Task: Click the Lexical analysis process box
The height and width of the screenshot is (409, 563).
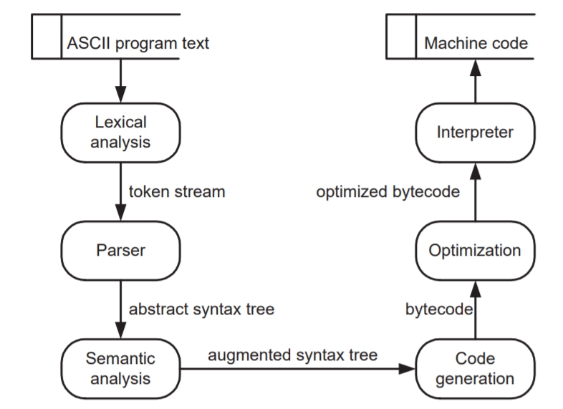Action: click(x=120, y=133)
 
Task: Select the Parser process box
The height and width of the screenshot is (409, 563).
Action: click(x=120, y=250)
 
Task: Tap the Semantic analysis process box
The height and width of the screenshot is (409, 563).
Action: click(x=120, y=368)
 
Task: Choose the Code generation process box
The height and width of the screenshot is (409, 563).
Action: click(x=475, y=368)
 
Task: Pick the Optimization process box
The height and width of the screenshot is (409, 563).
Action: click(x=475, y=250)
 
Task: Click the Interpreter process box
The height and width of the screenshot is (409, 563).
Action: click(x=475, y=133)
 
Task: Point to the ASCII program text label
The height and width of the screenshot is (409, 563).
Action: click(x=138, y=44)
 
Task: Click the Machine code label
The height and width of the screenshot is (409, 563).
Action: click(x=476, y=44)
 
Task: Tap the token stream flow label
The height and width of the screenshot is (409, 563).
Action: click(x=177, y=192)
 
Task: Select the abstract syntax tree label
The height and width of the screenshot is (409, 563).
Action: click(x=201, y=309)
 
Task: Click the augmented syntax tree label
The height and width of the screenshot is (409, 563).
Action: click(x=293, y=355)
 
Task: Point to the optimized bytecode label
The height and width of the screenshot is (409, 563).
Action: click(x=388, y=192)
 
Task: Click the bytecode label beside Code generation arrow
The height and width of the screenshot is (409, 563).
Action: click(x=439, y=309)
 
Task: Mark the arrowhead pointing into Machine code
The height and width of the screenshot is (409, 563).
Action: click(x=476, y=67)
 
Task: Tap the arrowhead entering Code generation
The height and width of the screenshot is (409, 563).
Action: click(x=407, y=368)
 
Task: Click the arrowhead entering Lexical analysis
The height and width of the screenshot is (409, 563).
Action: click(x=120, y=95)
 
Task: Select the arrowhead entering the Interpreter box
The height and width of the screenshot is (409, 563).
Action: click(x=476, y=171)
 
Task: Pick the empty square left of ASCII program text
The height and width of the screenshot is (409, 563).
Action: click(x=47, y=37)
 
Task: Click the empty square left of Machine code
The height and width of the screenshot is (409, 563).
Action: click(x=401, y=37)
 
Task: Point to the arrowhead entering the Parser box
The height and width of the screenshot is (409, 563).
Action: click(x=120, y=213)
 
